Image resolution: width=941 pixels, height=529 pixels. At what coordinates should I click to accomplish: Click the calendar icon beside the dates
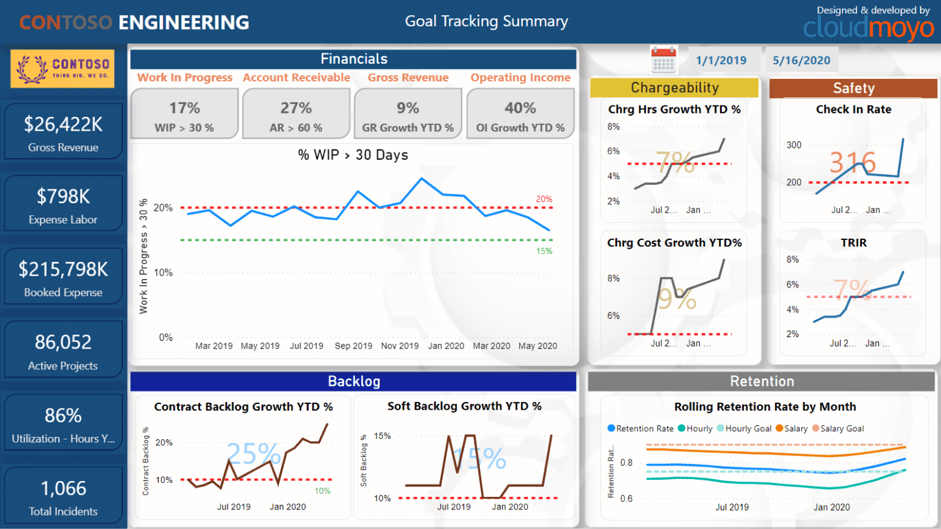click(663, 61)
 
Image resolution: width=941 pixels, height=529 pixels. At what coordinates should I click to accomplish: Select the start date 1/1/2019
click(721, 61)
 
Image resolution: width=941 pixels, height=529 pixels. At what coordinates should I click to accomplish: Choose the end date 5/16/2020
click(801, 61)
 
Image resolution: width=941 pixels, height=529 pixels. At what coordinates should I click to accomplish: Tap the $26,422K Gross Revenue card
click(63, 132)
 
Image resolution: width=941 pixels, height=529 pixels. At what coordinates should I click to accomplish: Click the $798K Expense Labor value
click(63, 196)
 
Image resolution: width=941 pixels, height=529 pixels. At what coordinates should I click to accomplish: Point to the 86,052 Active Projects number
click(63, 342)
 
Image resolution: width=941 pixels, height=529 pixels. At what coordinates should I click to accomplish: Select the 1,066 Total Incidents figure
click(63, 488)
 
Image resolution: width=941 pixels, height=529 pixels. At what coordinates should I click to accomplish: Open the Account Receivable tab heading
click(296, 78)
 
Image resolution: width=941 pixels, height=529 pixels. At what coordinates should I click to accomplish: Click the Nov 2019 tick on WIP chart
click(400, 346)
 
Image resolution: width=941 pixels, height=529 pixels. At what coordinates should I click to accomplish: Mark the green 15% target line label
click(544, 251)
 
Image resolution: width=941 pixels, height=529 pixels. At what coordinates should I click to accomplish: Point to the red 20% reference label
click(544, 199)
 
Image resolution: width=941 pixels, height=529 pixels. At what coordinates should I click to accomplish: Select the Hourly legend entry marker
click(682, 429)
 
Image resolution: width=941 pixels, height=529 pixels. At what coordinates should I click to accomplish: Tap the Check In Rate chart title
click(853, 109)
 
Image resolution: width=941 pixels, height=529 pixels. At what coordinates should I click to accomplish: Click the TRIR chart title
click(853, 243)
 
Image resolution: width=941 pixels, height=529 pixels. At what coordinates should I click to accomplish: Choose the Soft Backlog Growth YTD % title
click(464, 407)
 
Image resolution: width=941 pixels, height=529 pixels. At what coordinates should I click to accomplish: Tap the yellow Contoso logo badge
click(63, 69)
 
